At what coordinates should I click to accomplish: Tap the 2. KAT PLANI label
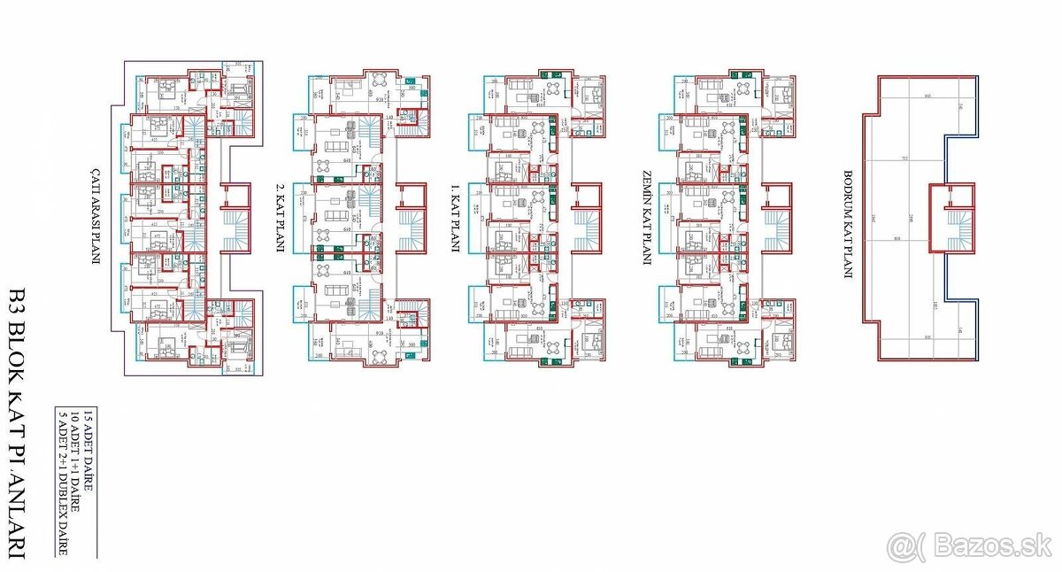[279, 218]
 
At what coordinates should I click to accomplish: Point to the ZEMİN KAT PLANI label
[647, 217]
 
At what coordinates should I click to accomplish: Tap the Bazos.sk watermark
[969, 546]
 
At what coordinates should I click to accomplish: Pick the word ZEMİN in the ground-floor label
[647, 184]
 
